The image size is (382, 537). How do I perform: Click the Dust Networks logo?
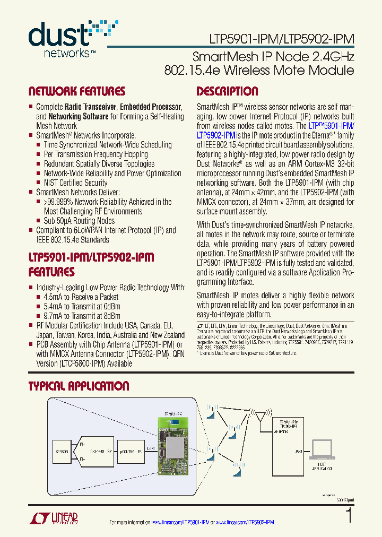click(x=72, y=38)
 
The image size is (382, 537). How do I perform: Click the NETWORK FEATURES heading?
click(x=76, y=91)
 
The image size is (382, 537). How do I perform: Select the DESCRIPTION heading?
click(x=227, y=91)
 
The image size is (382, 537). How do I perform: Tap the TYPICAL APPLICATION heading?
click(x=79, y=386)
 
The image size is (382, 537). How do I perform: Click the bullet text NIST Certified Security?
click(x=75, y=183)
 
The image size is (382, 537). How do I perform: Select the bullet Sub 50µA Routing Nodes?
click(x=79, y=221)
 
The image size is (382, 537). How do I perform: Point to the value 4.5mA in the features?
click(x=54, y=297)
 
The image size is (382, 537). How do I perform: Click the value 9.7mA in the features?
click(x=54, y=316)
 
